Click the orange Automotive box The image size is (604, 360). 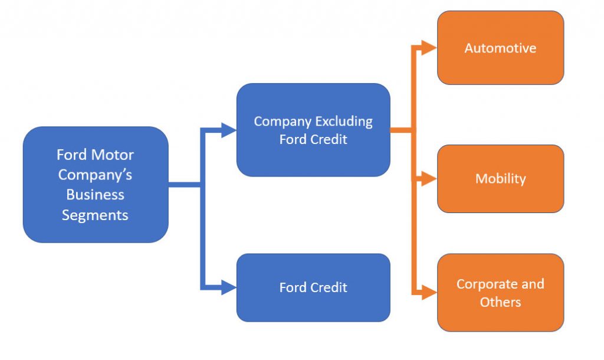click(500, 48)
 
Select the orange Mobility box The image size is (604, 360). click(500, 179)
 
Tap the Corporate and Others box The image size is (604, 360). click(500, 293)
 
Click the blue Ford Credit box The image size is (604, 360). click(313, 287)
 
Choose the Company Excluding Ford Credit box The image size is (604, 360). click(313, 130)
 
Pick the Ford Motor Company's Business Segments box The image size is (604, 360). click(96, 185)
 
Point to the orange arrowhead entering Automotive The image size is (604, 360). click(430, 48)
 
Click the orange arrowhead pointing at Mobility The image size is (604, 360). click(430, 179)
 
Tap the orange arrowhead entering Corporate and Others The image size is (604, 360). click(430, 292)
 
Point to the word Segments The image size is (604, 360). click(95, 215)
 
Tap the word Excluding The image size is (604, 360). click(344, 122)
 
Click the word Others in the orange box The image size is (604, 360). click(500, 302)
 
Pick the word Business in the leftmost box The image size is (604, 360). click(95, 195)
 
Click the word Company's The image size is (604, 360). click(95, 175)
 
